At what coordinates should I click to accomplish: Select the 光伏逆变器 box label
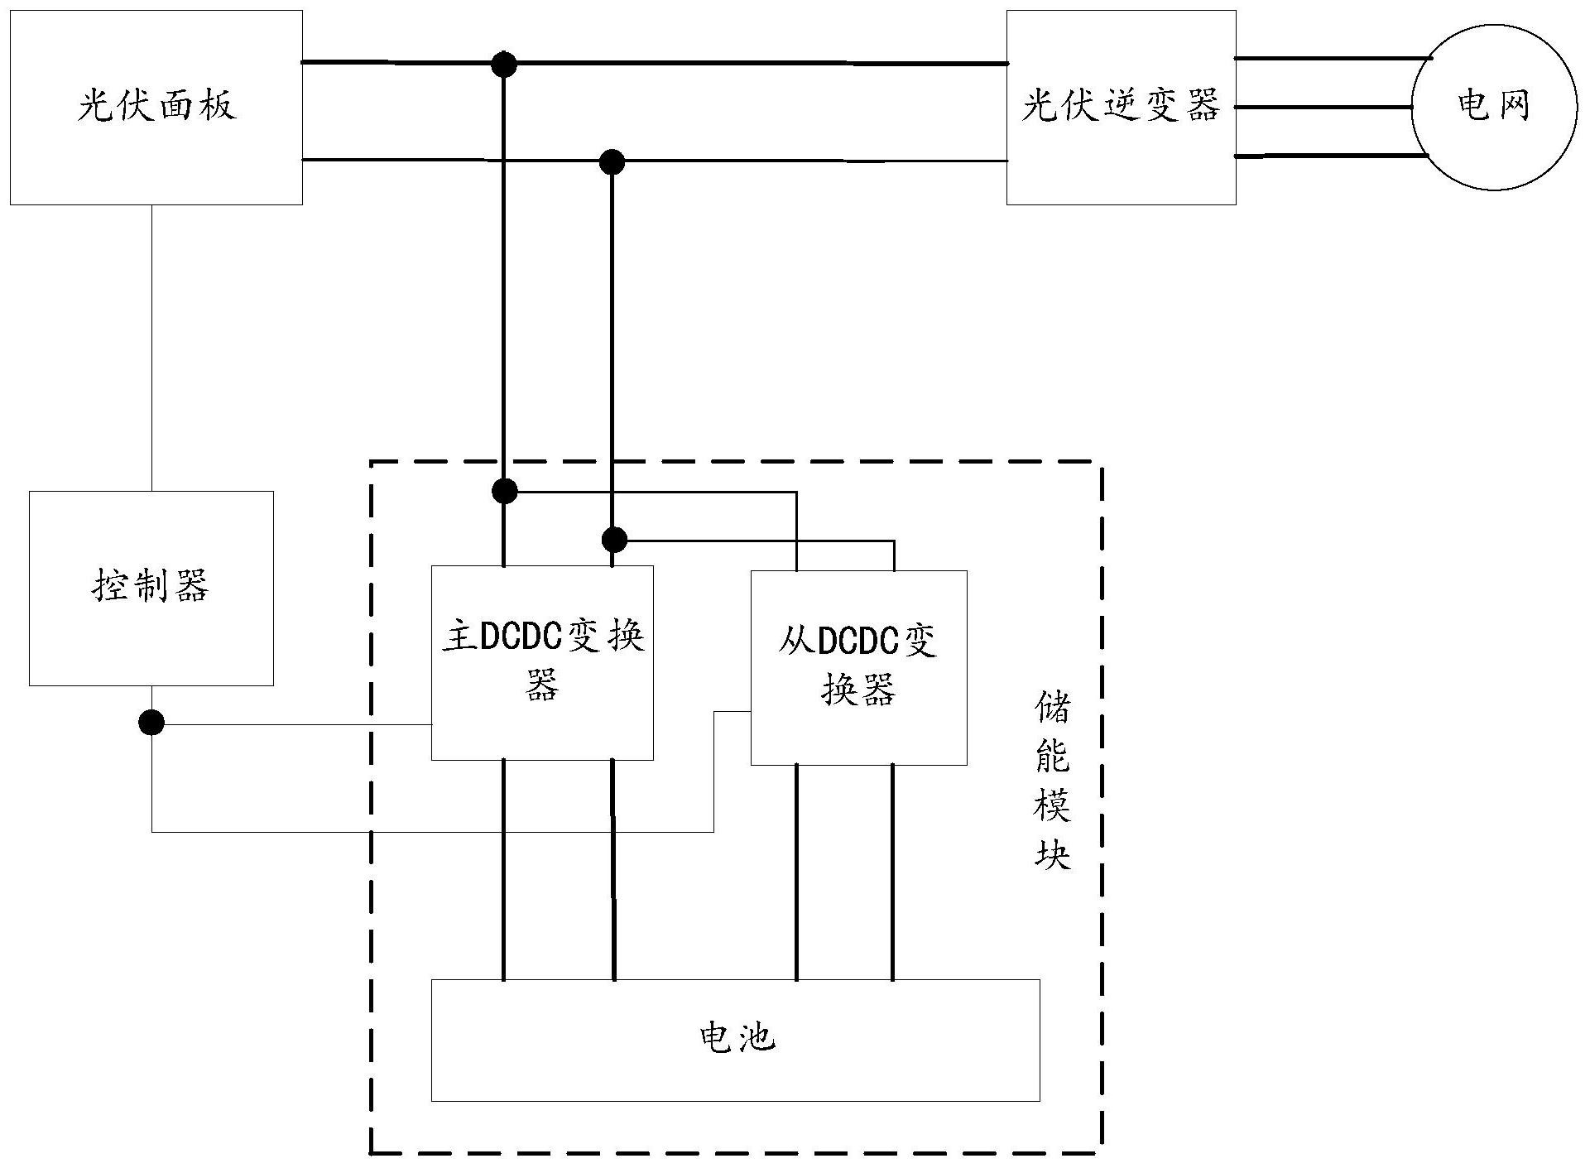(x=1120, y=107)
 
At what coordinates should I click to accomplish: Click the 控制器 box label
(x=151, y=587)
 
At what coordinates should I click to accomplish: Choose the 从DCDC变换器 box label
(x=858, y=665)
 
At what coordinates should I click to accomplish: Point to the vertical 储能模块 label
(x=1052, y=781)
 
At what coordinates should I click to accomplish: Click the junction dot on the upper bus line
(x=503, y=64)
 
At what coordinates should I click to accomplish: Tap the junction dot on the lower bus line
(x=612, y=161)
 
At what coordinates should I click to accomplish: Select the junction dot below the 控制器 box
(x=151, y=723)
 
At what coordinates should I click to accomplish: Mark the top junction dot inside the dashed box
(x=504, y=491)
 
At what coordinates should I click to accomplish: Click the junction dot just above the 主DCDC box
(x=613, y=541)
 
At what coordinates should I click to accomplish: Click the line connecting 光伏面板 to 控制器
(x=151, y=348)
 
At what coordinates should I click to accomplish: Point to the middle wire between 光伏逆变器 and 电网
(x=1323, y=107)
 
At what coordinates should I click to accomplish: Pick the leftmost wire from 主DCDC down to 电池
(x=503, y=869)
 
